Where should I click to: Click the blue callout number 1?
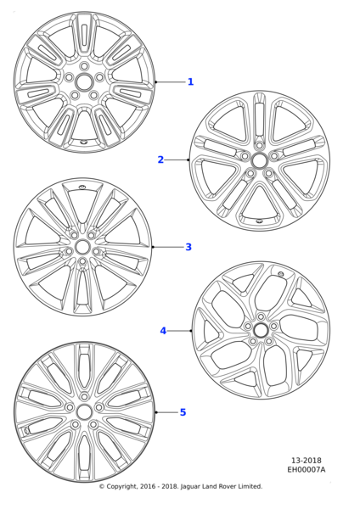(x=191, y=81)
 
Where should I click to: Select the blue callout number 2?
(x=160, y=159)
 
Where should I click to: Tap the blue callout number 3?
(x=188, y=247)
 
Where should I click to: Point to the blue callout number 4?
(x=163, y=331)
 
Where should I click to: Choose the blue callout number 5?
(x=183, y=412)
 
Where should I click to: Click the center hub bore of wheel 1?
(x=84, y=81)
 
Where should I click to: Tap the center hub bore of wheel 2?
(x=259, y=159)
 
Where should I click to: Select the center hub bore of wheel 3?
(x=82, y=247)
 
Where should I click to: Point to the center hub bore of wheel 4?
(x=261, y=331)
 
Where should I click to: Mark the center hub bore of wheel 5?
(x=84, y=412)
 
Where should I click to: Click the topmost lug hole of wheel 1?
(x=84, y=66)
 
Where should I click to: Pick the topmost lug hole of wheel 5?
(x=84, y=396)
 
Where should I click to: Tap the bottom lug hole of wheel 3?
(x=82, y=261)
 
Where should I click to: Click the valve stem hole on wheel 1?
(x=83, y=143)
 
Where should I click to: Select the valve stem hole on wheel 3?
(x=82, y=187)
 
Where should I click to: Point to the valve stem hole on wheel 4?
(x=281, y=274)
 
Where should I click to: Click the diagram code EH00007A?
(x=306, y=470)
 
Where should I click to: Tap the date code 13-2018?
(x=306, y=461)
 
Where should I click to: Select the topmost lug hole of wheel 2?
(x=259, y=145)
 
